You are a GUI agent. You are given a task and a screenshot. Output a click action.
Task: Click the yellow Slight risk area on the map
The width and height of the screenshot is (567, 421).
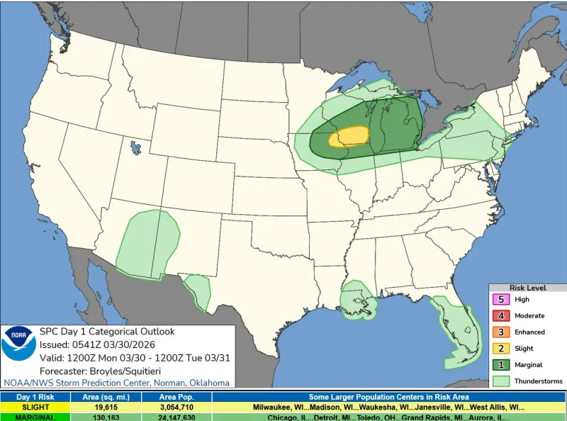[x=349, y=136]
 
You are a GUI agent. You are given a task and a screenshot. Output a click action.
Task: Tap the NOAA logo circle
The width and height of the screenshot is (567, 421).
[x=18, y=343]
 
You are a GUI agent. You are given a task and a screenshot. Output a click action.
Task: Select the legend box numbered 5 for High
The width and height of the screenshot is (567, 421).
[x=501, y=300]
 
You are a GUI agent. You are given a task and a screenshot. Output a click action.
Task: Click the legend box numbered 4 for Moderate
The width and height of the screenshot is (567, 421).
[x=501, y=316]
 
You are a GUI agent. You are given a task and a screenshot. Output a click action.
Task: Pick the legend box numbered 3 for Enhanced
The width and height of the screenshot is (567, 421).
[x=501, y=332]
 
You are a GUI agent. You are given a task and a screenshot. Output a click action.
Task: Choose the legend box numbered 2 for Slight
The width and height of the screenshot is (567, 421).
[x=501, y=349]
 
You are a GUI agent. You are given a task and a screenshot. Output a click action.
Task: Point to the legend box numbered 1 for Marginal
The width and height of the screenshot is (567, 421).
[x=501, y=365]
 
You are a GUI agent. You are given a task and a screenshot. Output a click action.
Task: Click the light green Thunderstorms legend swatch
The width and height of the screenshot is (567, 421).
[x=501, y=381]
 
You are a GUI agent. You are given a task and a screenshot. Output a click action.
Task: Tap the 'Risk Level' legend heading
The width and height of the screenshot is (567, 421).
[x=527, y=288]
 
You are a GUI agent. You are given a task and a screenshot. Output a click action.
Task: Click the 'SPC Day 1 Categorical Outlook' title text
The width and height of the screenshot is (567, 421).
[x=106, y=332]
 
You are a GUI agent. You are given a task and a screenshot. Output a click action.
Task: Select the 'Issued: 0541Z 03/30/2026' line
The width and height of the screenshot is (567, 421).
[x=97, y=344]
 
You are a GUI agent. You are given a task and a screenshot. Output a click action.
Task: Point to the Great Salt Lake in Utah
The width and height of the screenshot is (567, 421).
[x=134, y=149]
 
